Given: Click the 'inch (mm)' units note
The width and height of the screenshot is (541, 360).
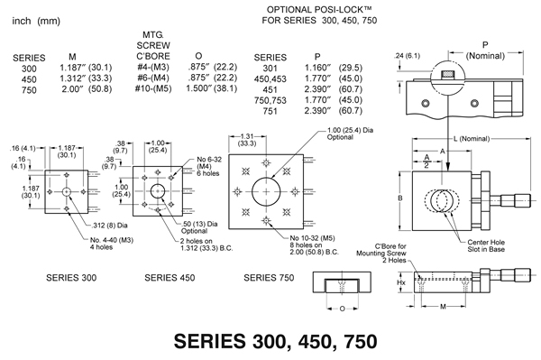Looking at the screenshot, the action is [x=36, y=21].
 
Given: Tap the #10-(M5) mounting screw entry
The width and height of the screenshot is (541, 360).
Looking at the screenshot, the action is [x=153, y=88].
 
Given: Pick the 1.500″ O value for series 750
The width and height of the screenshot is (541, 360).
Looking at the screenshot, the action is [x=198, y=88].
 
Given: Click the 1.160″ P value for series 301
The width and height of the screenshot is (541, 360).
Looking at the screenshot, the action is [x=317, y=68].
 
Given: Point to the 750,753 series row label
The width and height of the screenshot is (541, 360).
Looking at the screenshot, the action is [x=270, y=100].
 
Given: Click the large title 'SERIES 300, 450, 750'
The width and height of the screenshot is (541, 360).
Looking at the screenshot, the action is [x=275, y=341].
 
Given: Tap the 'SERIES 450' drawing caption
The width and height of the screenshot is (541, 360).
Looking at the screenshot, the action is [x=170, y=278].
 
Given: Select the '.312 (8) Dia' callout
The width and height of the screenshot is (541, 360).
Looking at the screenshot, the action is [x=110, y=226].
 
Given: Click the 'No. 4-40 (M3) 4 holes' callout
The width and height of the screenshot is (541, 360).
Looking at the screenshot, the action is [x=112, y=244].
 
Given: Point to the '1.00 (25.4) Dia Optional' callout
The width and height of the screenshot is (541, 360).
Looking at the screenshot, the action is [x=350, y=134].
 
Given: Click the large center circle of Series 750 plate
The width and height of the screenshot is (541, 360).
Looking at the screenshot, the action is [x=266, y=191].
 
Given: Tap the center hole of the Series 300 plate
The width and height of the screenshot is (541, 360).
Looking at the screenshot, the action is [x=67, y=191].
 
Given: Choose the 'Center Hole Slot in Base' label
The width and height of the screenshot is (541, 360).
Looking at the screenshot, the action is [x=486, y=245].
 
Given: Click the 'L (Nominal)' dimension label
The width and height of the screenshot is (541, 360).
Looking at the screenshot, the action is [x=472, y=139].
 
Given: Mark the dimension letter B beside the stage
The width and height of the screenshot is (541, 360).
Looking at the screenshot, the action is [x=400, y=198].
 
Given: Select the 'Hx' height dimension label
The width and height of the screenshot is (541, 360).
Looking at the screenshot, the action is [x=401, y=282].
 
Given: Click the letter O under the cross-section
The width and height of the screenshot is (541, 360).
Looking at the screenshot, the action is [x=342, y=309].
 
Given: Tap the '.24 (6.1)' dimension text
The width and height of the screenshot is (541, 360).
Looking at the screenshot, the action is [x=408, y=56].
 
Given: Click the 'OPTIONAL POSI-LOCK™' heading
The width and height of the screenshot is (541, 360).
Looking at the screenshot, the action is [x=310, y=9].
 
